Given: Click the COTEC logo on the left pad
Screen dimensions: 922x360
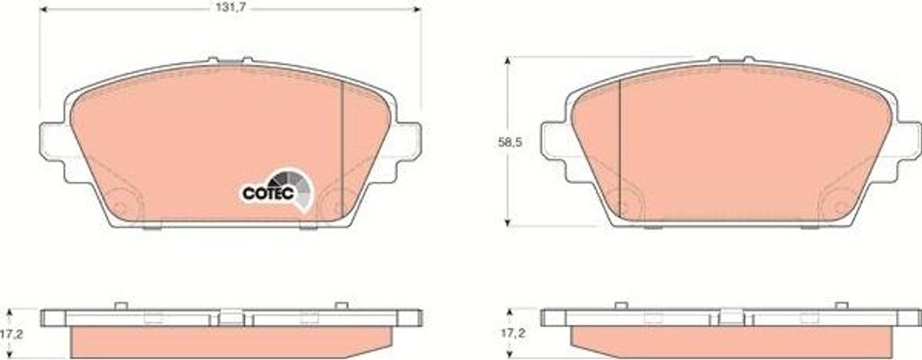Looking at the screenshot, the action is coord(276,189).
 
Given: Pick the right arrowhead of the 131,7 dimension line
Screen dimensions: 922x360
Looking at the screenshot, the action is coord(418,9).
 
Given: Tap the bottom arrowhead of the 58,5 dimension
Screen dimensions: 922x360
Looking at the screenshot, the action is coord(508,222).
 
